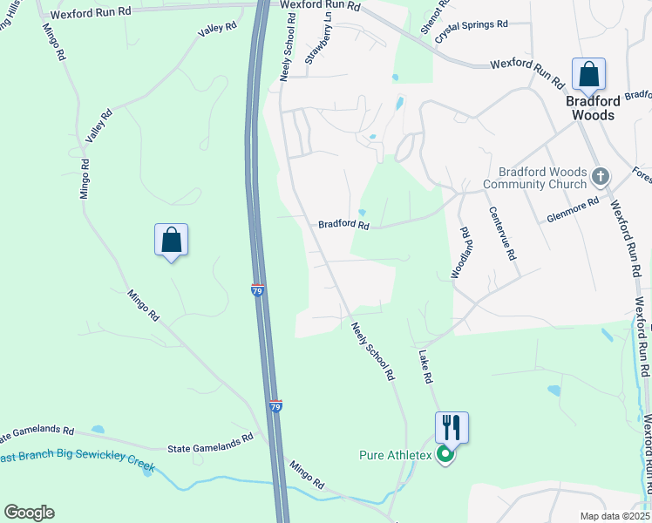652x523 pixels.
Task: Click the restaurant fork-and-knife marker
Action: (x=452, y=427)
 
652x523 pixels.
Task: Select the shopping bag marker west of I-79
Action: (x=171, y=240)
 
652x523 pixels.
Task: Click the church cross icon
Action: (x=600, y=177)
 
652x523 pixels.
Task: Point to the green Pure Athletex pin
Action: (x=445, y=454)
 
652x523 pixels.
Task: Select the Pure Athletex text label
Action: (x=397, y=455)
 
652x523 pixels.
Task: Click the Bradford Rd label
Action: (x=343, y=224)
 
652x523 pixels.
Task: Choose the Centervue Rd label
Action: (x=503, y=233)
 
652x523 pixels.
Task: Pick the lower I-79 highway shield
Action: (x=275, y=407)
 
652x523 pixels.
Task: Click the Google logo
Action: (x=29, y=513)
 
